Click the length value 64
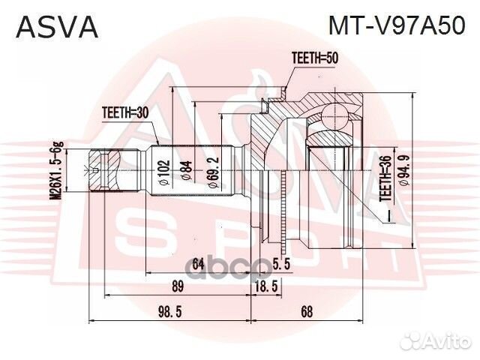197,262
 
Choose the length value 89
178,286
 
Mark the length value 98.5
169,310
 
